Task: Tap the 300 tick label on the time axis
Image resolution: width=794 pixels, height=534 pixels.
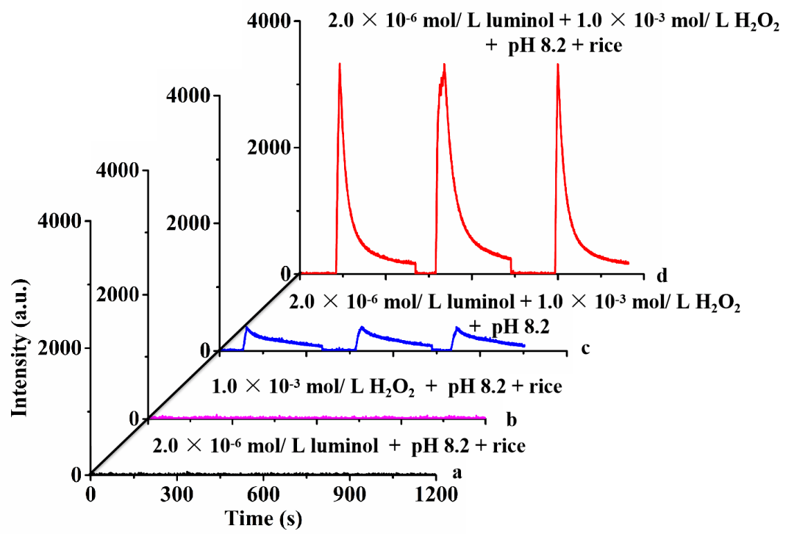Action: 176,491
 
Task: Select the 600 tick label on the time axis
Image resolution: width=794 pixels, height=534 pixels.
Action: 262,491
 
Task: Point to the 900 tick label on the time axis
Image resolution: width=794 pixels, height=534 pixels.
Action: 349,491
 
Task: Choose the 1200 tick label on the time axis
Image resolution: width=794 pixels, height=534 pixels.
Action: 435,491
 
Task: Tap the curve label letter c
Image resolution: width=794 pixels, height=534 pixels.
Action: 585,347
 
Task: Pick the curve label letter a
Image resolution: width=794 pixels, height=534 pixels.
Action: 457,473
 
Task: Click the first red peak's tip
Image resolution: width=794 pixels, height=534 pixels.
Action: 340,64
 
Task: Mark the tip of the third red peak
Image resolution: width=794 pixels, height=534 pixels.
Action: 558,64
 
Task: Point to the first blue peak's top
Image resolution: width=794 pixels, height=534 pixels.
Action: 247,327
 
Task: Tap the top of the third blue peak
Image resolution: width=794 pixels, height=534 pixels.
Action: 457,328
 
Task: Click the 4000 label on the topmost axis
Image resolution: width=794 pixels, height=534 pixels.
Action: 271,22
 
